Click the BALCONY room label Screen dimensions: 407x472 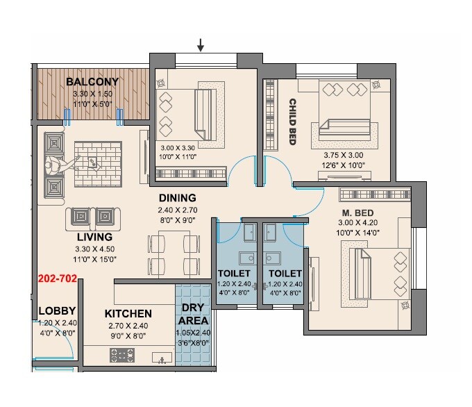pyautogui.click(x=92, y=81)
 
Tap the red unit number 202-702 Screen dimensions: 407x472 pyautogui.click(x=58, y=281)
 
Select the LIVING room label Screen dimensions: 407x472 pyautogui.click(x=95, y=237)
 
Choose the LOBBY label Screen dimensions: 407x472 pyautogui.click(x=57, y=310)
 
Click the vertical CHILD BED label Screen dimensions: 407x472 pyautogui.click(x=293, y=122)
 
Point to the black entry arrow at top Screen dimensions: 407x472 pyautogui.click(x=201, y=46)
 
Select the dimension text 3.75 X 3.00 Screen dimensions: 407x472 pyautogui.click(x=343, y=156)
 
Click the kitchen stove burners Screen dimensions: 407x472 pyautogui.click(x=122, y=357)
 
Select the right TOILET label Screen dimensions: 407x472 pyautogui.click(x=285, y=273)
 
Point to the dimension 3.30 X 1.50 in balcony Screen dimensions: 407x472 pyautogui.click(x=92, y=92)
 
